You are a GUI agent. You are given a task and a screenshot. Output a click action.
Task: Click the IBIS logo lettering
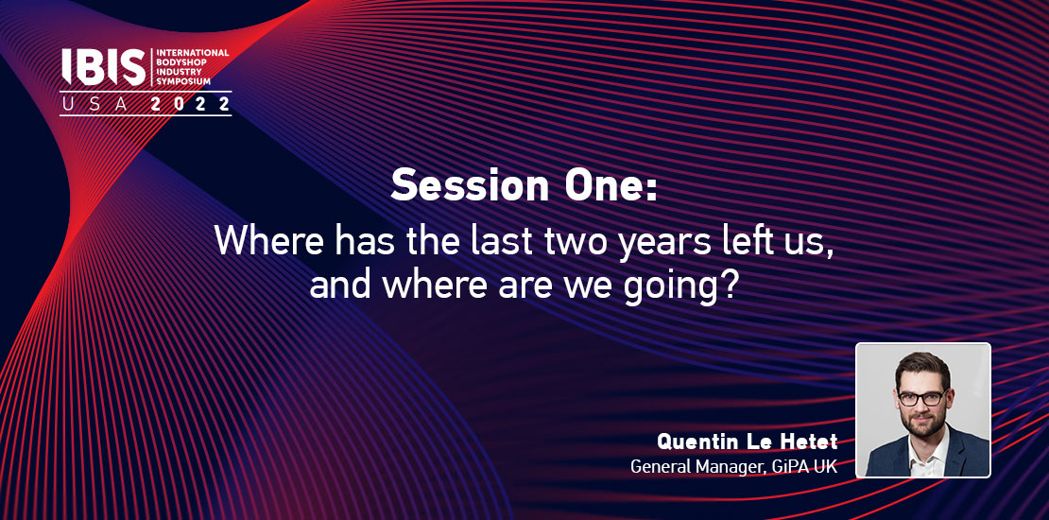point(103,67)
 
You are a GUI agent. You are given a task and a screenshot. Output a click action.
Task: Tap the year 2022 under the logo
point(191,104)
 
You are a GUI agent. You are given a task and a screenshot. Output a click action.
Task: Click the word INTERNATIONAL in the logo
point(193,52)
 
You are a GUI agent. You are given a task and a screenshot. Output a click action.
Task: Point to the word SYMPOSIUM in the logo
point(183,81)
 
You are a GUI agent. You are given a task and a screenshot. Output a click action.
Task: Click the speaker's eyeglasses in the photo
point(921,398)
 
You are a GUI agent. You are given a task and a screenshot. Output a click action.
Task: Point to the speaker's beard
point(923,423)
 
